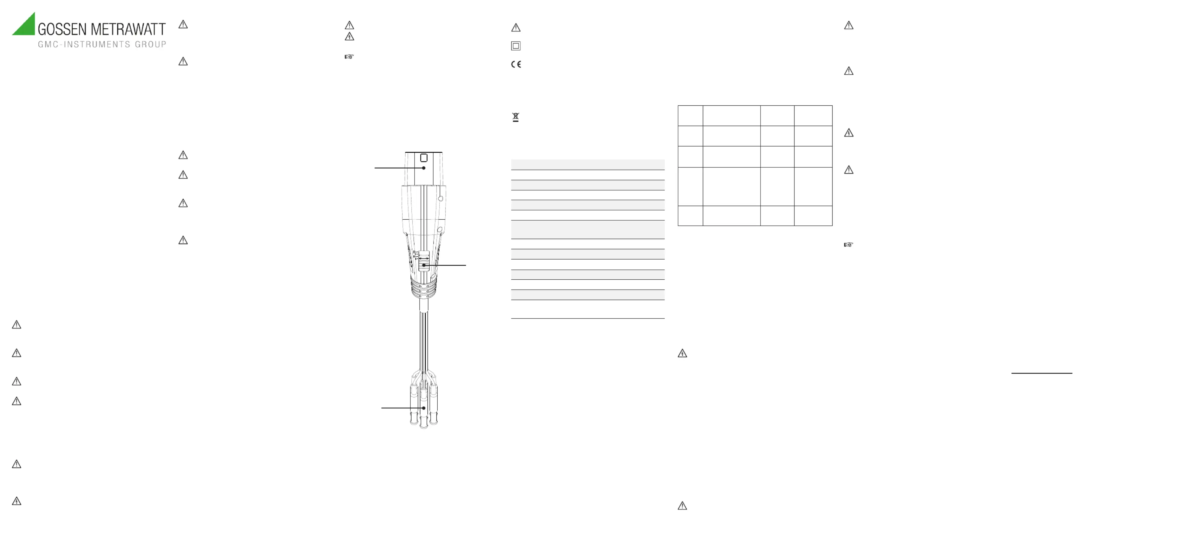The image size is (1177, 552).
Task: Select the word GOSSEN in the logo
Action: coord(62,29)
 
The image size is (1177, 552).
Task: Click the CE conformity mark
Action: coord(516,64)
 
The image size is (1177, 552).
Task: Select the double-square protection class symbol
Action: coord(516,46)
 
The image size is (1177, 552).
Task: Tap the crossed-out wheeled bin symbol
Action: coord(515,117)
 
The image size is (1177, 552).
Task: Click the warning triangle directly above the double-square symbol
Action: coord(516,28)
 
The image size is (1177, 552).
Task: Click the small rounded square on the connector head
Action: coord(423,158)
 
